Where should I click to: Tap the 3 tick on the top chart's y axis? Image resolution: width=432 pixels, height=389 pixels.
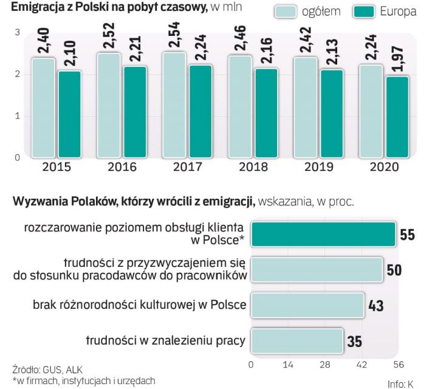click(x=17, y=32)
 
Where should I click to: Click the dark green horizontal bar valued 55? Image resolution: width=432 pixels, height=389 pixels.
click(x=323, y=234)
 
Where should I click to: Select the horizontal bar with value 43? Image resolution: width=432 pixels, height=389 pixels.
click(x=307, y=304)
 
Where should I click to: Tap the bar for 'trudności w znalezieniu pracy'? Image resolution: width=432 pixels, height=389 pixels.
click(x=297, y=340)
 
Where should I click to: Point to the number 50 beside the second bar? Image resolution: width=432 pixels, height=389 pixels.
click(x=394, y=270)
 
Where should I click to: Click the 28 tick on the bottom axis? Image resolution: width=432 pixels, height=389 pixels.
click(x=325, y=365)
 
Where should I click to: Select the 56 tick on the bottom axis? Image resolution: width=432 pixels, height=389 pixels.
click(x=399, y=365)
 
